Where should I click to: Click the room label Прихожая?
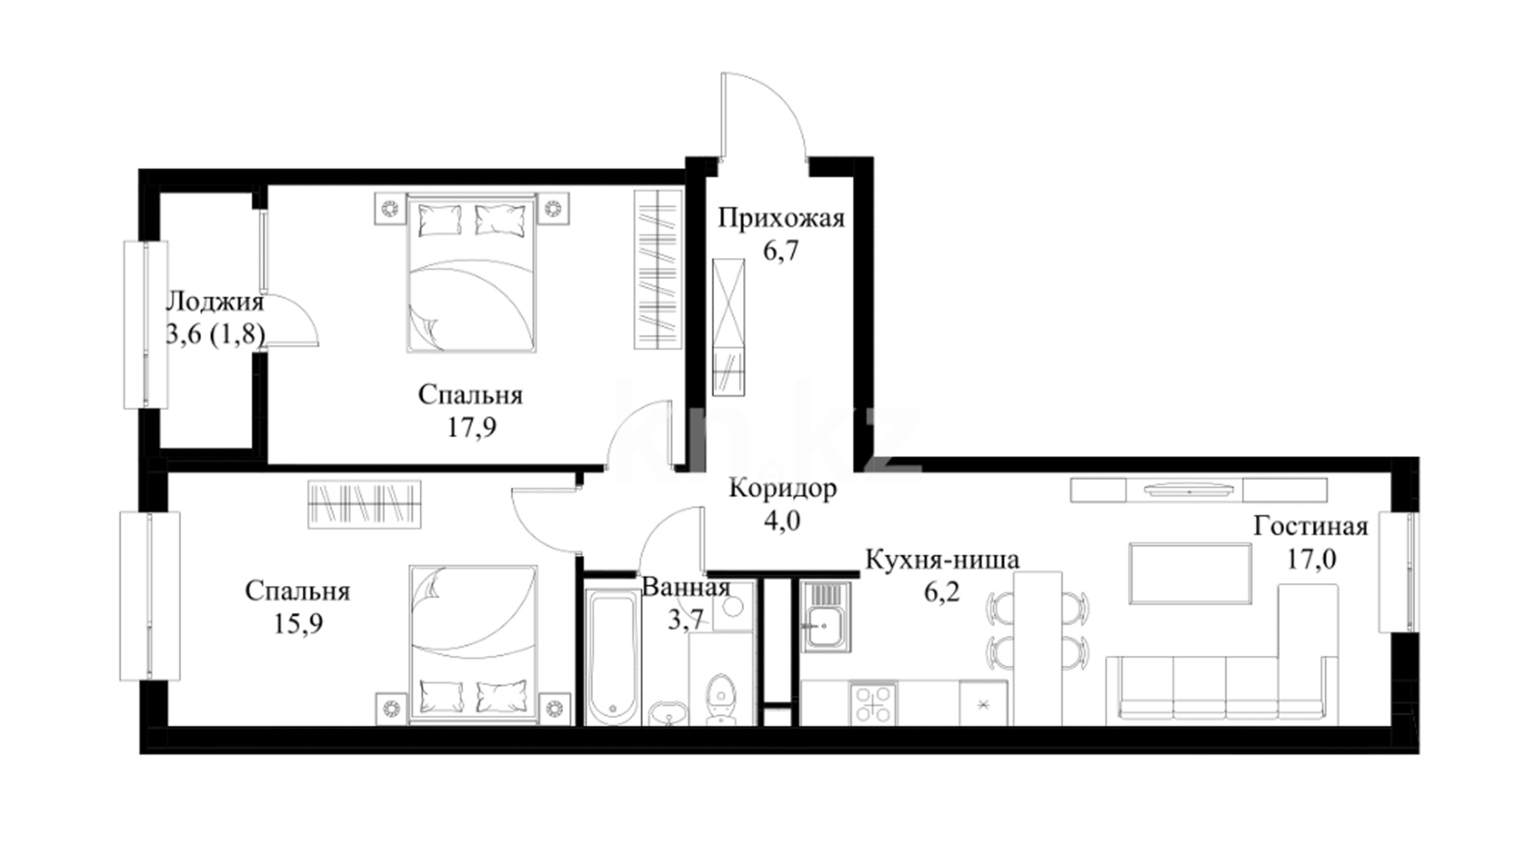coord(781,218)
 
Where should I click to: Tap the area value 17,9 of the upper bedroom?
coord(471,427)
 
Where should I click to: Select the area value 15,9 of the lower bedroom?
coord(298,623)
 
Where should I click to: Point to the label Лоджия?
coord(214,302)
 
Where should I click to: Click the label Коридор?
coord(782,488)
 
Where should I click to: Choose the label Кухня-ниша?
coord(942,559)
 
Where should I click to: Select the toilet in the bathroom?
coord(721,698)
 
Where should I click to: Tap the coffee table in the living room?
coord(1190,573)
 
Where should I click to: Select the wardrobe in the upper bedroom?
coord(658,269)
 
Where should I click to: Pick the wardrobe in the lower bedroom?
coord(365,504)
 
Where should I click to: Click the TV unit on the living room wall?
coord(1198,490)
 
